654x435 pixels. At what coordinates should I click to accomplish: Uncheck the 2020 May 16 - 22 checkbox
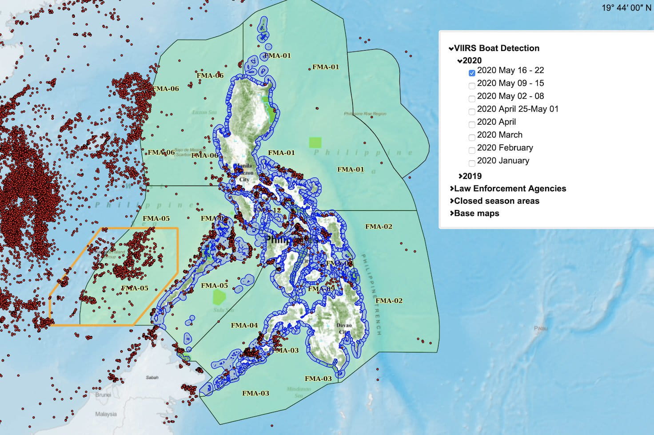472,73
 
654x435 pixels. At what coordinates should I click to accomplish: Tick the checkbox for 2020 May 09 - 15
472,86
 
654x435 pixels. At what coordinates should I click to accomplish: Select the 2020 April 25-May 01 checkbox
472,111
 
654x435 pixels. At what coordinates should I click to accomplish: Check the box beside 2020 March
472,137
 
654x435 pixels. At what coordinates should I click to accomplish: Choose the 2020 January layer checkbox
472,163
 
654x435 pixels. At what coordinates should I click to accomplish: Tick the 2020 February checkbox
472,150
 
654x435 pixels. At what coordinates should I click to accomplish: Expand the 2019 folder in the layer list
471,176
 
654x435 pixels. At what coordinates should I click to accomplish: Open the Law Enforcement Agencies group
509,189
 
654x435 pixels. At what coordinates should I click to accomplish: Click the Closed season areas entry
496,201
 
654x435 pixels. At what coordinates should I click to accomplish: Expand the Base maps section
476,214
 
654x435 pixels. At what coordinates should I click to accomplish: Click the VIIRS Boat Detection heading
496,48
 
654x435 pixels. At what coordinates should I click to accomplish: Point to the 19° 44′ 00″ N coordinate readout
626,8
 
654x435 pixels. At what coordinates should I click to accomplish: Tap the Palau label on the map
540,328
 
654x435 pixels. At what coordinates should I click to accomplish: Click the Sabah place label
152,377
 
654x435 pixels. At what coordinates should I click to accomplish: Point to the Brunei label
103,395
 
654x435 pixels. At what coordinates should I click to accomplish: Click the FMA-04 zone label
244,325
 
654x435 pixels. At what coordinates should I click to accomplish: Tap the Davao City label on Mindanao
344,328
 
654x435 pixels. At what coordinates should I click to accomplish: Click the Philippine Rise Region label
365,114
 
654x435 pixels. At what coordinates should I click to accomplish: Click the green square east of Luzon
315,142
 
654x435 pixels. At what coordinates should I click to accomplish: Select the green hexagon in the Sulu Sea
219,297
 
